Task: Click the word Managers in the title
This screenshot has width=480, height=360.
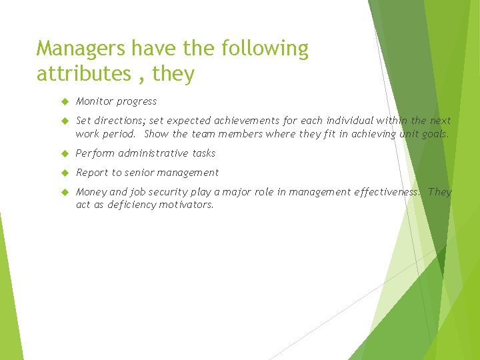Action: pos(81,49)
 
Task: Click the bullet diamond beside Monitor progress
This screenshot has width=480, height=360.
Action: pos(65,101)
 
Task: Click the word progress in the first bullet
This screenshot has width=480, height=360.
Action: pos(137,102)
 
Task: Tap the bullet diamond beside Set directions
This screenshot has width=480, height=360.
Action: pos(65,121)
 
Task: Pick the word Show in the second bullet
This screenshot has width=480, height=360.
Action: pos(157,133)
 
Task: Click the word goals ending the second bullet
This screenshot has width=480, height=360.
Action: pos(434,134)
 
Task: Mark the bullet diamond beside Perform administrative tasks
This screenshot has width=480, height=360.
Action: pos(65,153)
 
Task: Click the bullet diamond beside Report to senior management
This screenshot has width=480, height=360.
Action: pos(65,173)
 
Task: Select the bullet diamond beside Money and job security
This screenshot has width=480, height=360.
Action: pos(65,192)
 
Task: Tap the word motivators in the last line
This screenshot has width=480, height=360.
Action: pos(186,205)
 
